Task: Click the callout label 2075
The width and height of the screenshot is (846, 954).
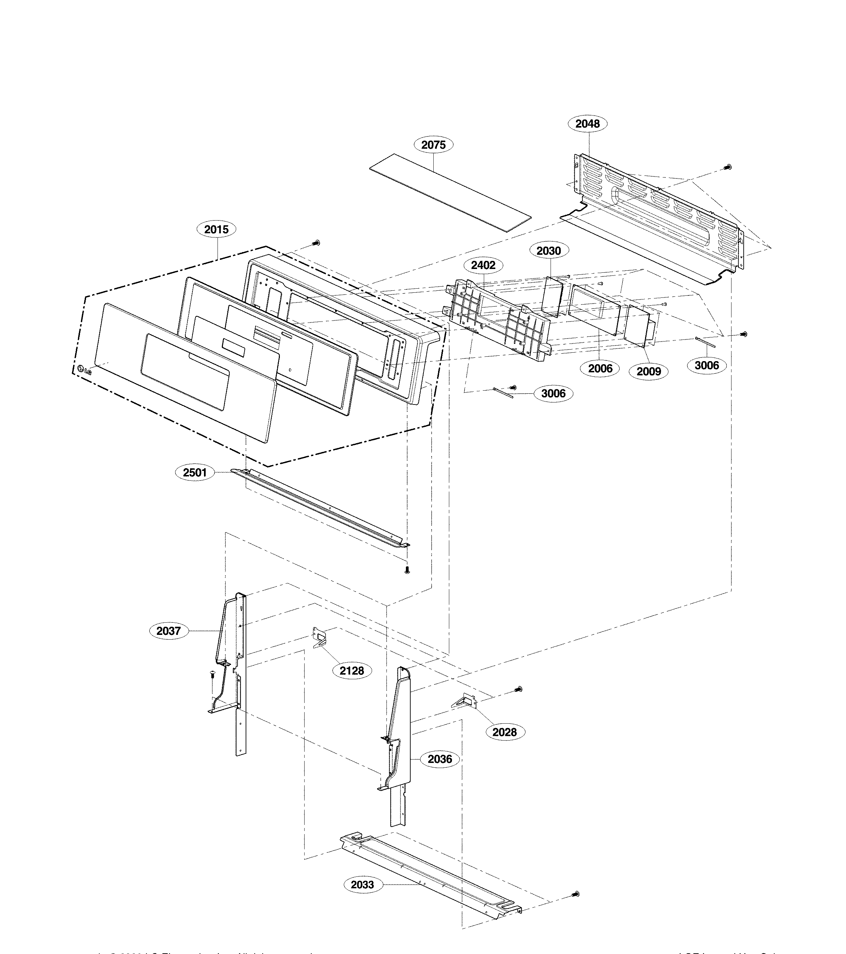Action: (433, 145)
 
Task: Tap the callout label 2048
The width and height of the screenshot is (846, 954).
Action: (587, 124)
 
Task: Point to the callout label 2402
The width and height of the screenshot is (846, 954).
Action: (483, 265)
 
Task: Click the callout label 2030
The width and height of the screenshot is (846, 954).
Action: (549, 251)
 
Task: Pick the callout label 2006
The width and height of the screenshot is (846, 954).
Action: (600, 368)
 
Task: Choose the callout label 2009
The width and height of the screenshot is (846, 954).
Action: (649, 372)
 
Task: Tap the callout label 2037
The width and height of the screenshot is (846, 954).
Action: (168, 631)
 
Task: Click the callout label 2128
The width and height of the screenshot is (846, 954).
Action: (352, 671)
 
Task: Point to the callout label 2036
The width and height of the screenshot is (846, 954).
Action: (440, 760)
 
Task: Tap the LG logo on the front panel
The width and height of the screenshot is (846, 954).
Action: (84, 370)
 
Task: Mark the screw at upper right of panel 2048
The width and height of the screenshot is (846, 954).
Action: (727, 167)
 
